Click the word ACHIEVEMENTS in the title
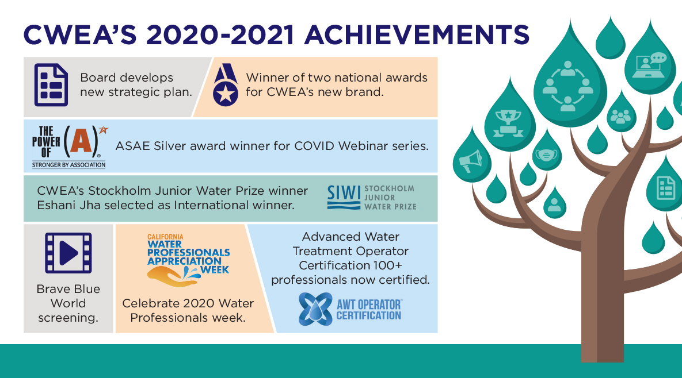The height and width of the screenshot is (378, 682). click(x=416, y=34)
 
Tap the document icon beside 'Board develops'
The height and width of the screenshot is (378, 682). click(x=51, y=85)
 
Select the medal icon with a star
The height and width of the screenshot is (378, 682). click(x=226, y=85)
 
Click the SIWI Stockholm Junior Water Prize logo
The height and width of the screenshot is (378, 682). click(x=371, y=198)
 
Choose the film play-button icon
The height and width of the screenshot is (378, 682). click(x=68, y=253)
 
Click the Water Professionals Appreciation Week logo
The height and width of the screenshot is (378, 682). click(x=188, y=260)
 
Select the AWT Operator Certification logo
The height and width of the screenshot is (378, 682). click(x=350, y=310)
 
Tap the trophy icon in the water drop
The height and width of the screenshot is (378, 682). click(x=508, y=124)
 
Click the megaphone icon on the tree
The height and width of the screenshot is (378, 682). click(x=471, y=161)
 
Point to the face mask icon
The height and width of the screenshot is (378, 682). click(x=547, y=155)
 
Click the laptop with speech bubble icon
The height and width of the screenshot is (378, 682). click(x=650, y=65)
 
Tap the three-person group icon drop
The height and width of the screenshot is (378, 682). click(x=620, y=114)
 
